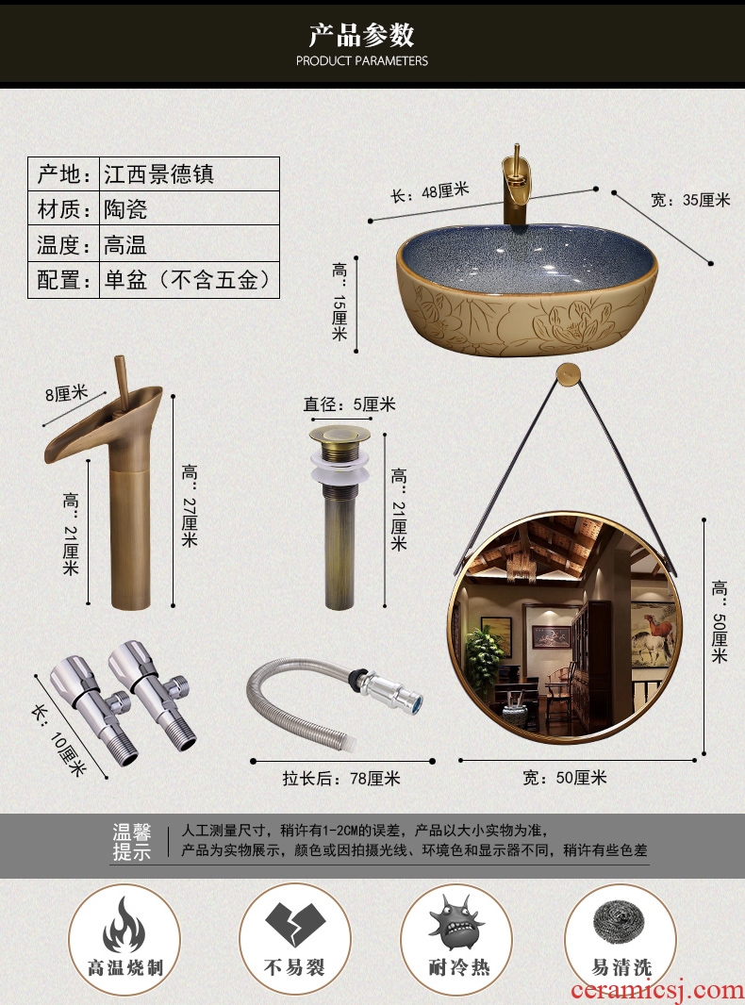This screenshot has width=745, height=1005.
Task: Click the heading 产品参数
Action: click(361, 35)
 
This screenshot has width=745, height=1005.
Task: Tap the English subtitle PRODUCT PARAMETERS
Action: click(361, 61)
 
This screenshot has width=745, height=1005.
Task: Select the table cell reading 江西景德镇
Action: click(159, 173)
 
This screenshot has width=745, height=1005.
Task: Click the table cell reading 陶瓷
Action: click(125, 209)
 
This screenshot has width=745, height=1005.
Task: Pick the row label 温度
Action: click(63, 244)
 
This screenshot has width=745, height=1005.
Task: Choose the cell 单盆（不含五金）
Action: click(188, 279)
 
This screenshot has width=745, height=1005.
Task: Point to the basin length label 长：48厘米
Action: click(430, 191)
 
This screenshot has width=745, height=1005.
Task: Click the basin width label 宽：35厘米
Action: click(690, 200)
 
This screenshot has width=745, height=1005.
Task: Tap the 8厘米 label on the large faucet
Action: click(66, 393)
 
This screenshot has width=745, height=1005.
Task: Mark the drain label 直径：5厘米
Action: click(350, 404)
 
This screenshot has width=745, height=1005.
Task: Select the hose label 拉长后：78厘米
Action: click(341, 778)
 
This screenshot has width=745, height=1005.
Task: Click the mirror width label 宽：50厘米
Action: click(564, 778)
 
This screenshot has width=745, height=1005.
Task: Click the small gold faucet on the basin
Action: click(516, 185)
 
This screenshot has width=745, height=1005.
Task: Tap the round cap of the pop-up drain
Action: click(339, 434)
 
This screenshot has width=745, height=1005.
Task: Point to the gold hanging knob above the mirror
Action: click(567, 372)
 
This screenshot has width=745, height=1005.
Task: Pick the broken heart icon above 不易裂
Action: click(295, 924)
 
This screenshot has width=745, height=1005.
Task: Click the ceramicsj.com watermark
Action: click(657, 990)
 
